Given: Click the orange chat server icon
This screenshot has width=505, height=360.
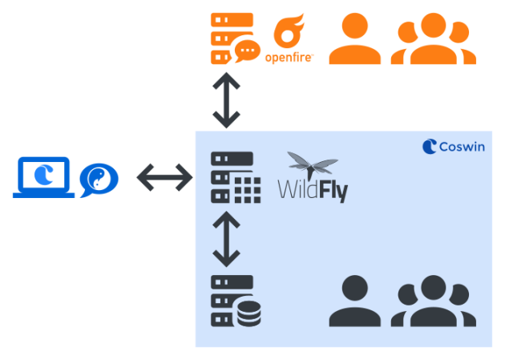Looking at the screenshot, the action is point(236,38).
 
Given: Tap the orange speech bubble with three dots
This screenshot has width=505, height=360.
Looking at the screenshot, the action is point(248,51).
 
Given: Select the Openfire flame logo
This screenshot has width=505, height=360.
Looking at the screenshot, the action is point(289,31).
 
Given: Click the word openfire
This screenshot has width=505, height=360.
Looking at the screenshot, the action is point(289,58).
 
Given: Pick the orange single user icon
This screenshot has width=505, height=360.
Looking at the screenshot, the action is point(354,38).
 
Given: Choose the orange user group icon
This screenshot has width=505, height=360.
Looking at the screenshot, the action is point(433,38).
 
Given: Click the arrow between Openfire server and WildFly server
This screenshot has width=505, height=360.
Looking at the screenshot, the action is point(226,100).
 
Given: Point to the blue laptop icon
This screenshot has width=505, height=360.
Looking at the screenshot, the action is point(43,177).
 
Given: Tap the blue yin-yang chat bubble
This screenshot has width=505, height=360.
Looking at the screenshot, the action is point(99,180).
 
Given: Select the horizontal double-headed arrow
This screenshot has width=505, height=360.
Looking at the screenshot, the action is point(164,177).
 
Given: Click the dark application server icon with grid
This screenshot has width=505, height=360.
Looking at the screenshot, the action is point(236,177).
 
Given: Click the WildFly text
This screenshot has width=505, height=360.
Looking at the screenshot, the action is point(313,192).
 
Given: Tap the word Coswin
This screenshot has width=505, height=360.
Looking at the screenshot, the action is point(462,147).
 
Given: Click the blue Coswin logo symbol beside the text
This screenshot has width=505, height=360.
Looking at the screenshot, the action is point(430,147).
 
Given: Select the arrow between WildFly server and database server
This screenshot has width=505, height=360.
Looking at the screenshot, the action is point(226,239).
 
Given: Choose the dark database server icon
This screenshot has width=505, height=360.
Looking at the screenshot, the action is point(236,301).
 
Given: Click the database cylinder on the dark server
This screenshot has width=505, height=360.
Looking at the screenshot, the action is point(249,313).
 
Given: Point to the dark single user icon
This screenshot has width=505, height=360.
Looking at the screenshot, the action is point(354,301).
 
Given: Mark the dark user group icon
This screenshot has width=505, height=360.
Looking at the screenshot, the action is point(433,301).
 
